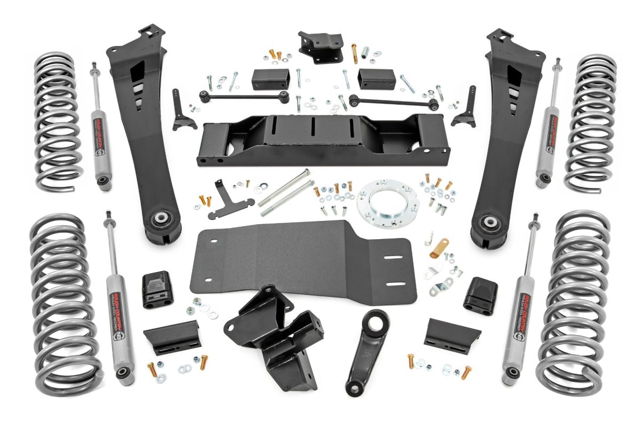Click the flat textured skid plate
point(299,262)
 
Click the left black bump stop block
point(158,290)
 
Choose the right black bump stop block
point(480,296)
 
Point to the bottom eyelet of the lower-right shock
point(512,372)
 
